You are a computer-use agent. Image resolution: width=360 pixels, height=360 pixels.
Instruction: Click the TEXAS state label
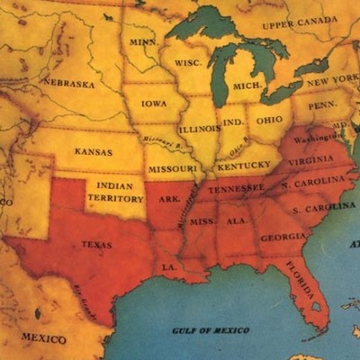[97, 243]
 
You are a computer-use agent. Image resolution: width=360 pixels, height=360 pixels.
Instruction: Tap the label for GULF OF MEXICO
[210, 330]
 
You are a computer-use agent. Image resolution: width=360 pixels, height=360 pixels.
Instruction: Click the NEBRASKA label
[68, 83]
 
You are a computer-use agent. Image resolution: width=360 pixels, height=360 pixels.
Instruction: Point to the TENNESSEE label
[237, 188]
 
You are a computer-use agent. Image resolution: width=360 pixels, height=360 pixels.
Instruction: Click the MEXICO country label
[43, 338]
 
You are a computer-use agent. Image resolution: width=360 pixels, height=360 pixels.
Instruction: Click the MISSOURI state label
[172, 168]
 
